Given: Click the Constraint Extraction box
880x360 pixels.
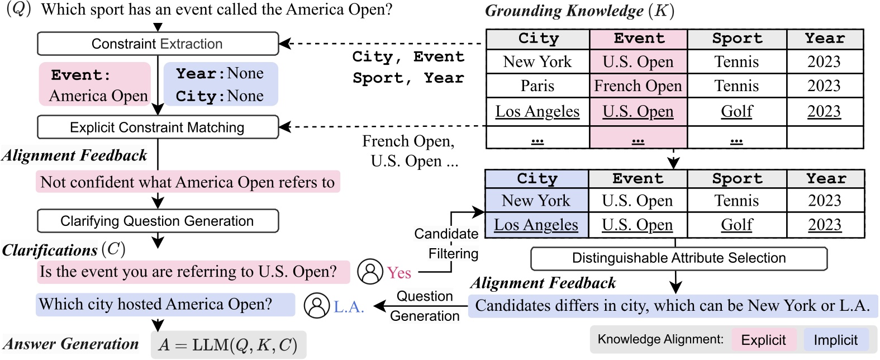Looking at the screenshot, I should click(x=158, y=44).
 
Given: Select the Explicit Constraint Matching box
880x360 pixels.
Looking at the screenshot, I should click(x=158, y=127).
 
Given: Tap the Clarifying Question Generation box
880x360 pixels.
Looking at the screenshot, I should click(x=158, y=221).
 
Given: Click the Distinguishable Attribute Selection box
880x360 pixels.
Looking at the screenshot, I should click(x=678, y=258).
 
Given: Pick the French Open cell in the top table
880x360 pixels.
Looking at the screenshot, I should click(x=638, y=86).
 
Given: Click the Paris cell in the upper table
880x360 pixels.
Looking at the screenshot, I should click(x=537, y=86).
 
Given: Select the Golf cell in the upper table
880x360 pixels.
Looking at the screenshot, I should click(x=736, y=112).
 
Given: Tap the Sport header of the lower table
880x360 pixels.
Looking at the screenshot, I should click(x=736, y=179).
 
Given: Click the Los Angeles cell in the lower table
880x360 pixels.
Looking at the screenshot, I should click(x=536, y=225).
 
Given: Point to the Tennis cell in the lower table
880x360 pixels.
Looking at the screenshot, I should click(x=736, y=201).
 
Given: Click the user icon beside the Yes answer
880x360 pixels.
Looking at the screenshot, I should click(x=370, y=272).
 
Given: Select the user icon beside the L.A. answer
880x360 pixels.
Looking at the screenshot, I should click(x=317, y=305).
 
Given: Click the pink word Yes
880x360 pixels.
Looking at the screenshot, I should click(x=399, y=273).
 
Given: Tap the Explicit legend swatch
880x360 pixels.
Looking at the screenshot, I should click(x=763, y=340).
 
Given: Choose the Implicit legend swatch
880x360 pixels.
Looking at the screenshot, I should click(x=835, y=340).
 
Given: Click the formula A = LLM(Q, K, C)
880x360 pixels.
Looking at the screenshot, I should click(x=228, y=345).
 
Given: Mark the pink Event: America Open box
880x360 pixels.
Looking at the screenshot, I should click(x=95, y=84).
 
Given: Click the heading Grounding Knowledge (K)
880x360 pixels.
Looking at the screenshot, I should click(x=579, y=11).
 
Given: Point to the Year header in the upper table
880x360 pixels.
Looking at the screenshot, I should click(x=825, y=39).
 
